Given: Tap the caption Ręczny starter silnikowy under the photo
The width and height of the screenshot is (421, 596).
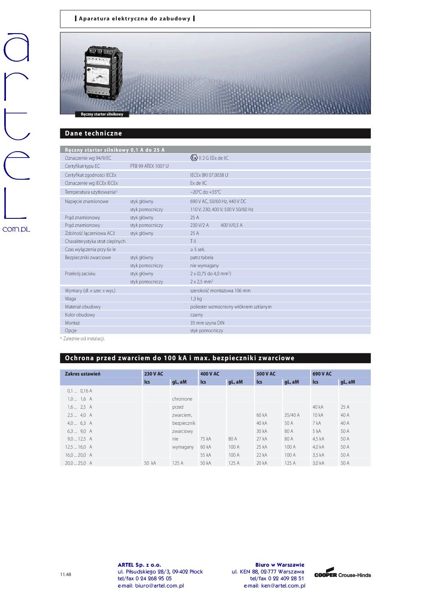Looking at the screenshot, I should pos(102,114).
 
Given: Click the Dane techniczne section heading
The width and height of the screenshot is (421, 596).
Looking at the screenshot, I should pos(93,133).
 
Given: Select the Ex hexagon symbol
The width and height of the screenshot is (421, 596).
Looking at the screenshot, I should pos(194,158).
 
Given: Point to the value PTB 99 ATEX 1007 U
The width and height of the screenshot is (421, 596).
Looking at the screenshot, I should pos(149,166).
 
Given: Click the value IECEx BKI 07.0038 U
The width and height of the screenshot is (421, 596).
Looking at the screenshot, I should pos(209,175).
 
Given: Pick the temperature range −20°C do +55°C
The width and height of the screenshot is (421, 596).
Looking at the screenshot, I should pos(205,192).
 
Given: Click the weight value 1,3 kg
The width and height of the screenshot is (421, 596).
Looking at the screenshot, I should pos(196,299).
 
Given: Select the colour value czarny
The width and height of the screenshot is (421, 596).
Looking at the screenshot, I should pos(196,315).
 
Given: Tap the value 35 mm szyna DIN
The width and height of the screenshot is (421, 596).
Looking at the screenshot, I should pos(207,323).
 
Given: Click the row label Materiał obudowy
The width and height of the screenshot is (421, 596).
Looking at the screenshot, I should pos(83,307).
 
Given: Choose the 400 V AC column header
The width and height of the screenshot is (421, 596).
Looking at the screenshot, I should pos(210,374).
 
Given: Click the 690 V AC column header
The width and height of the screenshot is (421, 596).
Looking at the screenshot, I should pos(322,374).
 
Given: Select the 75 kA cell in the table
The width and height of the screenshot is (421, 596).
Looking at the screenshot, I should pos(205,439).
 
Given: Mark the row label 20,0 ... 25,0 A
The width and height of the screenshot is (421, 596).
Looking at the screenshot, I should pos(79,463).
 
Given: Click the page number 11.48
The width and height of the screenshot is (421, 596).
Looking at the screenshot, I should pos(66,574).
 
